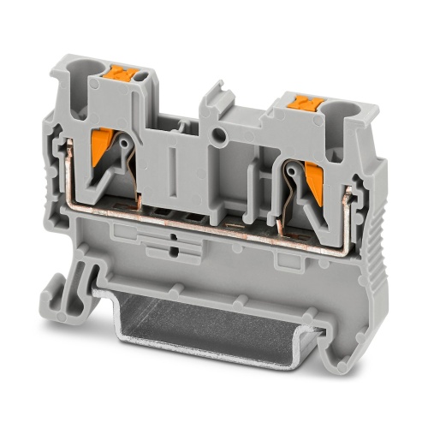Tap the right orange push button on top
(300, 103)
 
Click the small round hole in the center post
(221, 134)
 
